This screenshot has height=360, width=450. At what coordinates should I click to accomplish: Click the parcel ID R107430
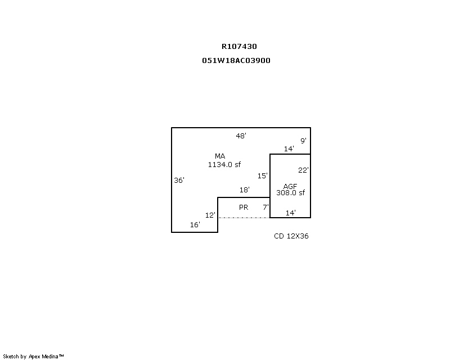tap(239, 47)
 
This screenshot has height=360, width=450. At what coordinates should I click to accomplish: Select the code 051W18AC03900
tap(236, 60)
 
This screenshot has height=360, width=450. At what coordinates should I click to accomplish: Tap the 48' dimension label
tap(241, 136)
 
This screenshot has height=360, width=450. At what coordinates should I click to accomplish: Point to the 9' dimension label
tap(303, 141)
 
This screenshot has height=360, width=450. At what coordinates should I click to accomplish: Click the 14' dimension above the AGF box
tap(289, 149)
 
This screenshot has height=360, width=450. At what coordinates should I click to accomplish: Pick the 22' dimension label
tap(303, 170)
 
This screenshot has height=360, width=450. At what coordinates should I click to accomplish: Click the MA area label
tap(220, 156)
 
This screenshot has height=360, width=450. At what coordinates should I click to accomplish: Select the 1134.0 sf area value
tap(224, 164)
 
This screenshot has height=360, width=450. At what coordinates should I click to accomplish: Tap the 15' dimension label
tap(263, 175)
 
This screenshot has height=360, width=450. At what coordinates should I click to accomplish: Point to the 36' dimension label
tap(179, 181)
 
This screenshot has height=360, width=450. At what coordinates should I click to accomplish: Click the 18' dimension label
tap(245, 190)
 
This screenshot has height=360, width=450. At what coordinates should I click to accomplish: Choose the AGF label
tap(290, 186)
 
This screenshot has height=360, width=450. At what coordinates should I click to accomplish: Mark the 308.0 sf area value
tap(290, 193)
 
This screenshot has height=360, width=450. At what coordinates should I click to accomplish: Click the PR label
tap(244, 208)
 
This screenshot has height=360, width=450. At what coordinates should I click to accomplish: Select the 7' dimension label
tap(265, 208)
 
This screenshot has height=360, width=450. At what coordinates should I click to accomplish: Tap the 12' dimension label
tap(210, 215)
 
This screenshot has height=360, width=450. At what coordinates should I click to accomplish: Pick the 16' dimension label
tap(195, 224)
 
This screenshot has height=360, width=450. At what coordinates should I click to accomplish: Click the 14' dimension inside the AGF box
tap(291, 213)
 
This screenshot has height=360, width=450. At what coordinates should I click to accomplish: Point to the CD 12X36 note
tap(291, 236)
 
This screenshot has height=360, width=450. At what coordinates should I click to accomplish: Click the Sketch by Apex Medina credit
tap(34, 356)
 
